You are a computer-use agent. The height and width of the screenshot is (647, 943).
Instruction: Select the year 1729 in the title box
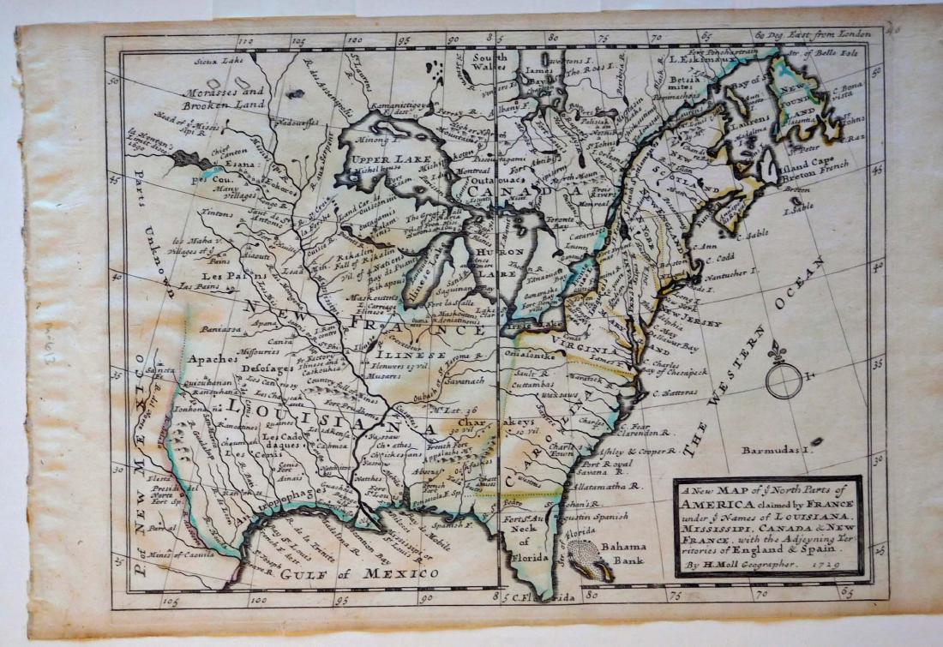pos(822,566)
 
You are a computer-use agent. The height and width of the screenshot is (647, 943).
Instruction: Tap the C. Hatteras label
pos(676,393)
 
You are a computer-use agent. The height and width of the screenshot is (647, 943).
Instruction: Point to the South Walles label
pos(490,63)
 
